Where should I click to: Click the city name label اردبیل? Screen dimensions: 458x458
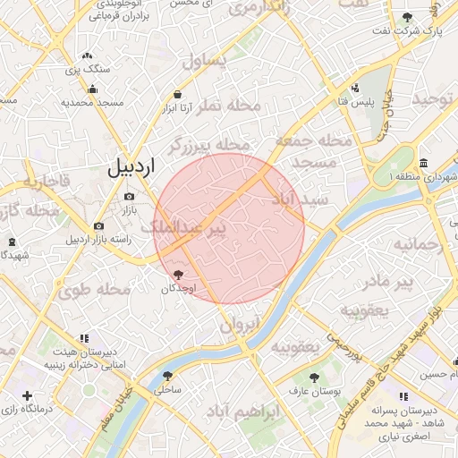(131, 166)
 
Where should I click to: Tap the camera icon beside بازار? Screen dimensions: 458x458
(129, 197)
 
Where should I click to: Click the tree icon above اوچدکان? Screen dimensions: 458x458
(177, 274)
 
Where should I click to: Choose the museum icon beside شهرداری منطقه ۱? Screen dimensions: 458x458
(422, 163)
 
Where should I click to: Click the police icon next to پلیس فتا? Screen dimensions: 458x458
(355, 88)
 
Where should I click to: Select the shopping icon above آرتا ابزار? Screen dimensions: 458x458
(177, 94)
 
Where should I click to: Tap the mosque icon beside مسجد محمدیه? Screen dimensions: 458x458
(92, 89)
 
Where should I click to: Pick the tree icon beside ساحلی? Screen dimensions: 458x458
(167, 376)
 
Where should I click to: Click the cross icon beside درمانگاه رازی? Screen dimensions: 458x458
(28, 395)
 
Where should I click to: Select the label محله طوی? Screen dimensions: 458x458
(89, 290)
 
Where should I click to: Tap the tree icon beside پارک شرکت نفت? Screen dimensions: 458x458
(408, 18)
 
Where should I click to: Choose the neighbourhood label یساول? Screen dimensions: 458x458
(205, 61)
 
